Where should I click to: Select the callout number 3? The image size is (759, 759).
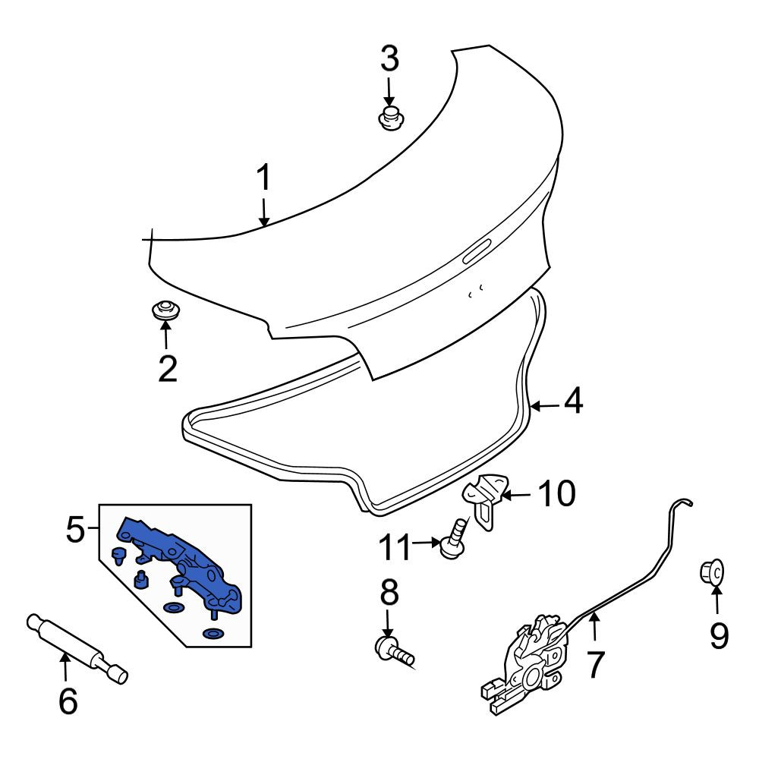click(389, 58)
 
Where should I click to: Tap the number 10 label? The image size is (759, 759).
click(557, 493)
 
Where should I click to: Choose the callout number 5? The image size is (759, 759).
click(75, 530)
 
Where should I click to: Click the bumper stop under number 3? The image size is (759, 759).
click(391, 118)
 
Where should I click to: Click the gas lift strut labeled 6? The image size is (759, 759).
click(77, 649)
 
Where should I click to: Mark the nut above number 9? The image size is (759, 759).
click(712, 572)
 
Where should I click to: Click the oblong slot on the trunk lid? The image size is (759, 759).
click(477, 251)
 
